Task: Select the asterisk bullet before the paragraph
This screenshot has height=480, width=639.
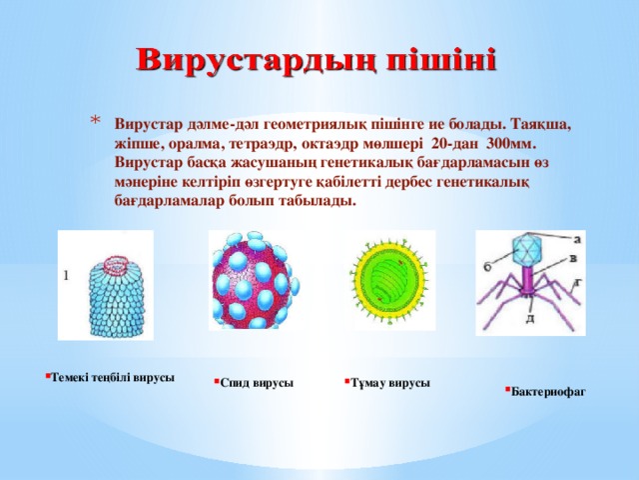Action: [95, 120]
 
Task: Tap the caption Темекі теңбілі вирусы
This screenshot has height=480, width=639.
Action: [113, 378]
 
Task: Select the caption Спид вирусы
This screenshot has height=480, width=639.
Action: [257, 383]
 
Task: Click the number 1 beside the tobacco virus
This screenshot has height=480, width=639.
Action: [66, 276]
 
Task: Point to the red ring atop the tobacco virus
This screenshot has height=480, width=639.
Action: [118, 264]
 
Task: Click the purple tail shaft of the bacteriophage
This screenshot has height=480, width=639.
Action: [525, 278]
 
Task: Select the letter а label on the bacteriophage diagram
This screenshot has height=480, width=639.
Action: [577, 240]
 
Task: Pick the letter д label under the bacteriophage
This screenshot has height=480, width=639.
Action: [529, 318]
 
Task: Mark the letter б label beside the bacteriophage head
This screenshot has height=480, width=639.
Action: [487, 266]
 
